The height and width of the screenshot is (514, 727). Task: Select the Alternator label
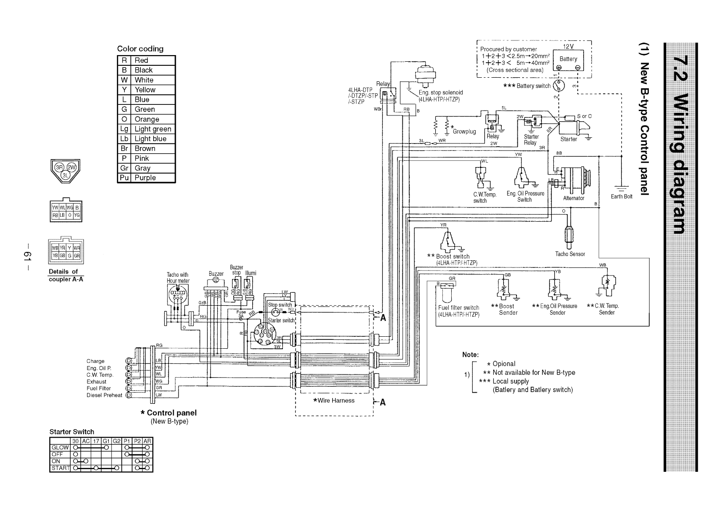point(573,198)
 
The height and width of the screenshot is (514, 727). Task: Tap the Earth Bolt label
point(621,196)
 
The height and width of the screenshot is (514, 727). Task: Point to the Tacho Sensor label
point(570,254)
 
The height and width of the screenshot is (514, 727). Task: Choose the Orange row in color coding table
point(147,119)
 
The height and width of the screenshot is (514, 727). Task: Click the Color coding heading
point(140,49)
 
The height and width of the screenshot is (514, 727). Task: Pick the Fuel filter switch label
point(458,307)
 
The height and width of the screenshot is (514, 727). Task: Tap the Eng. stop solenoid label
point(441,92)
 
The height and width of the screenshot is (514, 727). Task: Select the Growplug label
point(465,131)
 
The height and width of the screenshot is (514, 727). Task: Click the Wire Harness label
point(334,400)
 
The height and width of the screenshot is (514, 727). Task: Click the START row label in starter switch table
point(61,468)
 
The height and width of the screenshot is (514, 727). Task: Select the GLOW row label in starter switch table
point(60,447)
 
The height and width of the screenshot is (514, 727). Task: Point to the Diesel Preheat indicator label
point(104,395)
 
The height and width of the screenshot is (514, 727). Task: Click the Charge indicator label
point(95,361)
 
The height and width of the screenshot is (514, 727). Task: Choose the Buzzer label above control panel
point(216,274)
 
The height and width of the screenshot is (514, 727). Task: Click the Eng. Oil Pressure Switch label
point(525,196)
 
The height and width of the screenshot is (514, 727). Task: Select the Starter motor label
point(568,139)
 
